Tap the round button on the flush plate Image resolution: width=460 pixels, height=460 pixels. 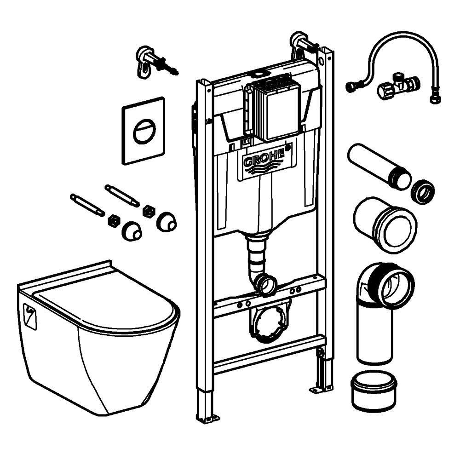(x=144, y=131)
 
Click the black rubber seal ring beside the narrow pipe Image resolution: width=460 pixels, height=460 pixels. (x=422, y=191)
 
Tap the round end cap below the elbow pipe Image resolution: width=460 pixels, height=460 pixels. (x=373, y=390)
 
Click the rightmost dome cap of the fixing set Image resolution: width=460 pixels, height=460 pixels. (x=166, y=222)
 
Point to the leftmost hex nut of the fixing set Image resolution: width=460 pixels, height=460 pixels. (x=112, y=221)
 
